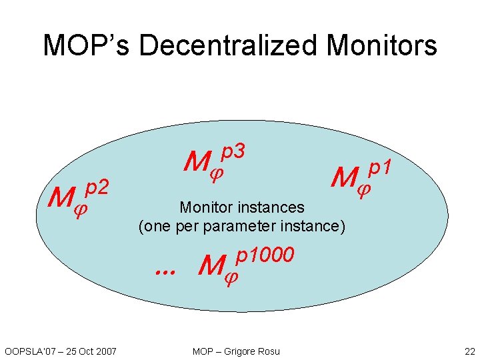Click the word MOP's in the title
[x=87, y=45]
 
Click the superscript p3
[x=235, y=153]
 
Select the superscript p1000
[x=265, y=256]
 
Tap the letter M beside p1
[x=345, y=178]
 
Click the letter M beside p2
[x=61, y=198]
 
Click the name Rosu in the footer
[x=269, y=351]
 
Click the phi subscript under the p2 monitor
[x=81, y=209]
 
